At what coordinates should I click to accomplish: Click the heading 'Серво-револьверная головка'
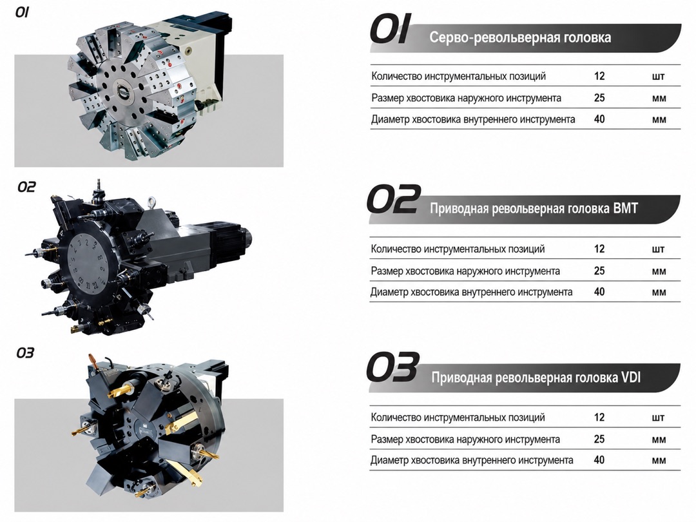[x=520, y=37]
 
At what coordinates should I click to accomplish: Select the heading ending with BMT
[x=534, y=208]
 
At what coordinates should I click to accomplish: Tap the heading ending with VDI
[x=536, y=377]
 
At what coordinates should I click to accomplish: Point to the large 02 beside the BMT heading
[x=393, y=199]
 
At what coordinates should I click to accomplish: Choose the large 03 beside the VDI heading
[x=392, y=367]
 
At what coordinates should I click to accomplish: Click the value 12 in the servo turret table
[x=599, y=76]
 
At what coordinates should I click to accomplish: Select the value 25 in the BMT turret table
[x=599, y=270]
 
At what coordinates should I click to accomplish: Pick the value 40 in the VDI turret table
[x=599, y=460]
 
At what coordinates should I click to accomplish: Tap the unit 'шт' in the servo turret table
[x=659, y=77]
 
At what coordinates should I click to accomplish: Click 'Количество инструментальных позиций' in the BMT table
[x=458, y=249]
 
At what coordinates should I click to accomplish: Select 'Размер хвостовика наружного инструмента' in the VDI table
[x=465, y=440]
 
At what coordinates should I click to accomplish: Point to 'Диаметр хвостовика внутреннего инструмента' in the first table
[x=473, y=119]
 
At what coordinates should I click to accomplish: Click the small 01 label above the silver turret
[x=22, y=12]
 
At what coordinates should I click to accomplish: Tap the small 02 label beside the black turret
[x=26, y=187]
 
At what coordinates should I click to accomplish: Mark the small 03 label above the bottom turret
[x=25, y=353]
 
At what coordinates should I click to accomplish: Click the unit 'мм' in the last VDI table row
[x=659, y=461]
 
